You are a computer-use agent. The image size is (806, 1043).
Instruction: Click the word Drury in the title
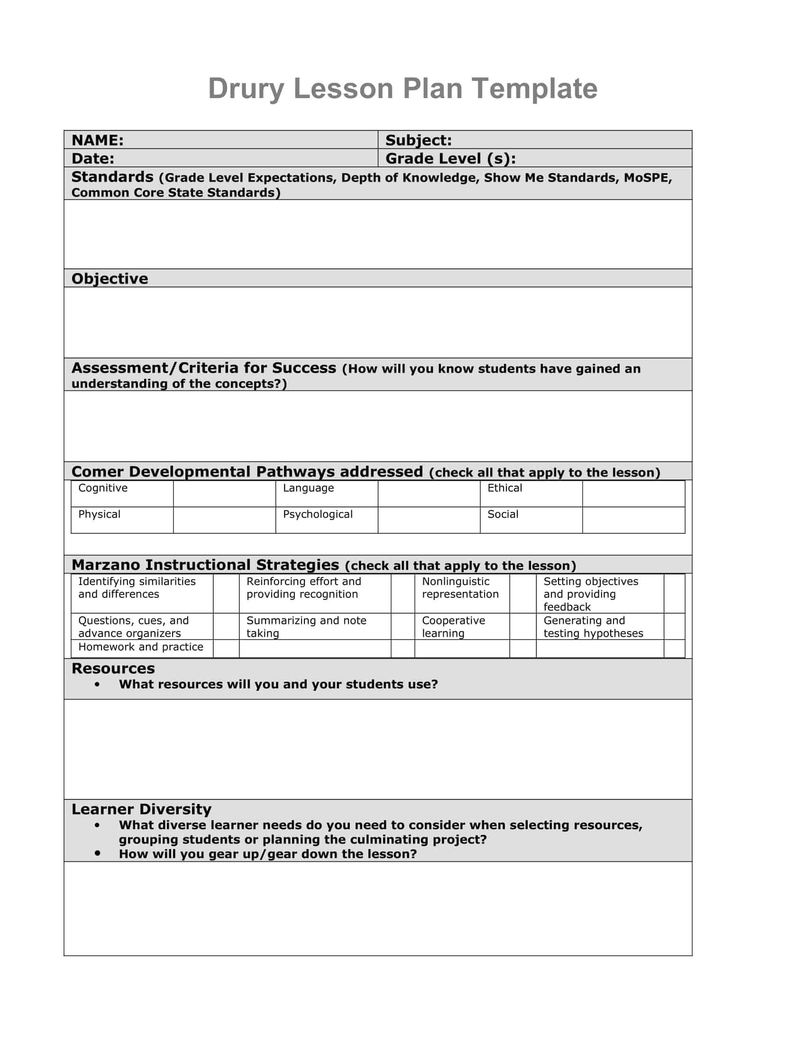click(246, 89)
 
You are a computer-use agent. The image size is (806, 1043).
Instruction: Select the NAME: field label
click(97, 140)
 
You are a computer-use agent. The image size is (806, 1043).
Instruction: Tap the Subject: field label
click(418, 140)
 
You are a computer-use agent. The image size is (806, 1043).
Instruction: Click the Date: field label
click(92, 158)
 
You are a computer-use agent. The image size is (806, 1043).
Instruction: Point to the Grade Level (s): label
click(450, 158)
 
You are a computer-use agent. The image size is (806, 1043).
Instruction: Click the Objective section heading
click(110, 278)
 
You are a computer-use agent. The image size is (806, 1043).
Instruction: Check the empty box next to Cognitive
click(224, 494)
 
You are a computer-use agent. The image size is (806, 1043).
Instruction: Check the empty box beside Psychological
click(428, 520)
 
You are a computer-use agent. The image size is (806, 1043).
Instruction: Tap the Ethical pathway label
click(504, 488)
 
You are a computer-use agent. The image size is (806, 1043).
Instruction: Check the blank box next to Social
click(633, 520)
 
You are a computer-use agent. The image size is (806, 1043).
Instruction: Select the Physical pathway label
click(99, 514)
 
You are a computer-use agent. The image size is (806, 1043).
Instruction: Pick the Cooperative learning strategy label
click(453, 627)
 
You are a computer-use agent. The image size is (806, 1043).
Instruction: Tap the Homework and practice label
click(140, 647)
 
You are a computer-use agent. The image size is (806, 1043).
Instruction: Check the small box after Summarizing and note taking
click(403, 626)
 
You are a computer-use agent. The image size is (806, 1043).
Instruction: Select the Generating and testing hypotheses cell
click(593, 627)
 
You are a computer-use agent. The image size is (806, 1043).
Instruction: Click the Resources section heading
click(113, 668)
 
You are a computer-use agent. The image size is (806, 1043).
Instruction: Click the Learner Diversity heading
click(141, 809)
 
